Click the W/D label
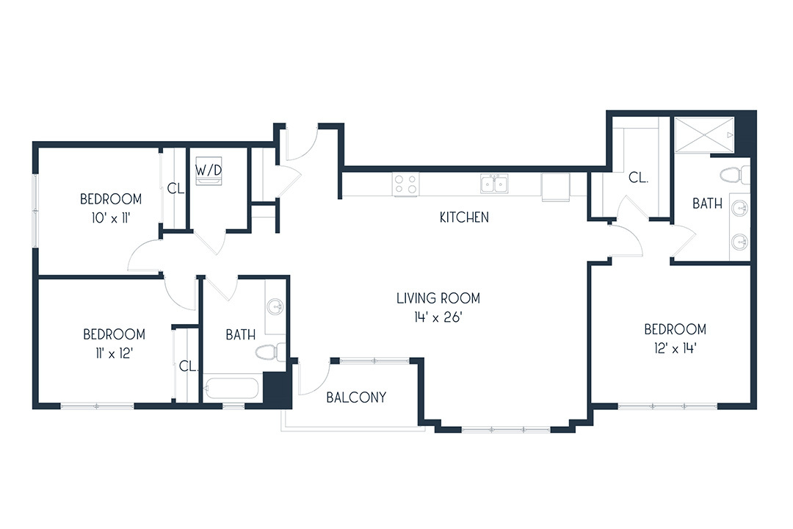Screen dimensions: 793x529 [x=209, y=170]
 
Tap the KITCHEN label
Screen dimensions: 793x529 [x=464, y=217]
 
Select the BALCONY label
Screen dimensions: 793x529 [x=356, y=397]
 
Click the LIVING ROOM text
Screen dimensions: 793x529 [x=438, y=298]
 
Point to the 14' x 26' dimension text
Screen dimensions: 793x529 [x=438, y=317]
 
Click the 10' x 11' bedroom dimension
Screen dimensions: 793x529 [x=111, y=218]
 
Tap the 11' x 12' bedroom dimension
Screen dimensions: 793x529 [x=114, y=353]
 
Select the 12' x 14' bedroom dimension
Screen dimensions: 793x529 [x=676, y=348]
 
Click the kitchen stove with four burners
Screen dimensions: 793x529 [x=406, y=184]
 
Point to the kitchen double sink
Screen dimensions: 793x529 [x=494, y=184]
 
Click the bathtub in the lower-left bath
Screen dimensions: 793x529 [x=231, y=389]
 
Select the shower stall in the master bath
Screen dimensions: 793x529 [x=704, y=134]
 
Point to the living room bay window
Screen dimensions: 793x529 [x=506, y=430]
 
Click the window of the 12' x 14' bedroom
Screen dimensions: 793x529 [x=667, y=406]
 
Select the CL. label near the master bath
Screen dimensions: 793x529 [x=638, y=178]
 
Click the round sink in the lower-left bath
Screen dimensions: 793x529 [x=275, y=306]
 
